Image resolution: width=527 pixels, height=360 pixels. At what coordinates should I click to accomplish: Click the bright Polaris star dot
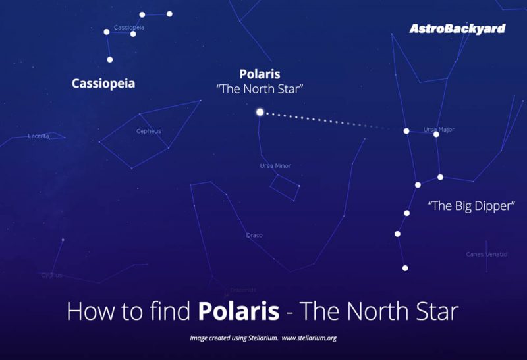click(260, 112)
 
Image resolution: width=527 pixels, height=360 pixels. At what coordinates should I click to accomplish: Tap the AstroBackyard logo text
click(457, 28)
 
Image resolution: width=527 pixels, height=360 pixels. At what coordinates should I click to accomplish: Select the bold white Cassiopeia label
click(103, 84)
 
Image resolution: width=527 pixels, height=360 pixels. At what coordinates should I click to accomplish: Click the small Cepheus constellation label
click(148, 131)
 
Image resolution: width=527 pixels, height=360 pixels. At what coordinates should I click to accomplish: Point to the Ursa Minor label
click(275, 166)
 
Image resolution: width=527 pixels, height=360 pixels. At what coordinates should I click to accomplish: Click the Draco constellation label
click(254, 235)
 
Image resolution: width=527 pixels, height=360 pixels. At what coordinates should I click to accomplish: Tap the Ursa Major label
click(439, 130)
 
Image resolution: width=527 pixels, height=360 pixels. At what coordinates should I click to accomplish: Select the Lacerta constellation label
click(38, 136)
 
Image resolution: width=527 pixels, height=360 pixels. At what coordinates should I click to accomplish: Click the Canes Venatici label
click(487, 254)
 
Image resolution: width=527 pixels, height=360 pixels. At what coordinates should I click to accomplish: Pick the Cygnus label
click(51, 275)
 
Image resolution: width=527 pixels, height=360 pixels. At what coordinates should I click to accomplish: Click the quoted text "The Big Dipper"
click(471, 206)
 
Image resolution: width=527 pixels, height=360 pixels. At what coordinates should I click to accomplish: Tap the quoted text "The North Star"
click(260, 89)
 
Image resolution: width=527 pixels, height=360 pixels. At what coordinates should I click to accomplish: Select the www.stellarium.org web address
click(310, 338)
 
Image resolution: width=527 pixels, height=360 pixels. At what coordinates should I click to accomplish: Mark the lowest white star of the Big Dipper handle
click(405, 268)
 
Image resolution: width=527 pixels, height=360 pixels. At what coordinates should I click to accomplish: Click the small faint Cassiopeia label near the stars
click(129, 28)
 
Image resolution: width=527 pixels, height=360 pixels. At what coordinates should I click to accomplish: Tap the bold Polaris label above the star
click(260, 74)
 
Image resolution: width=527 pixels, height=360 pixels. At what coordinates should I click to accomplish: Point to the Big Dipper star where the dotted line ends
click(406, 131)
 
